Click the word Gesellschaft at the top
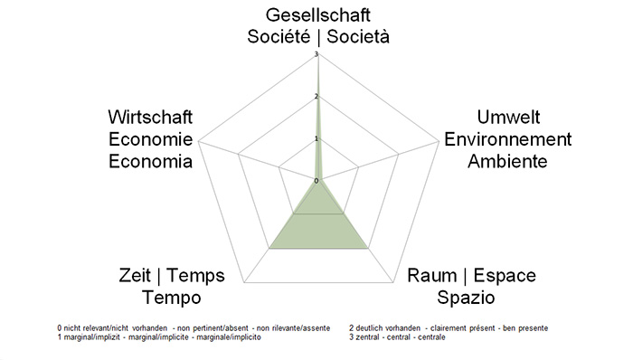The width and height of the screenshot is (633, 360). point(318,15)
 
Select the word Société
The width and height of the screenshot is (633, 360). point(280,36)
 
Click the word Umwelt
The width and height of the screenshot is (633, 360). point(508,118)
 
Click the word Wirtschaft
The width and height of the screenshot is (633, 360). point(150,118)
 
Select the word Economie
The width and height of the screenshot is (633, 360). point(150,140)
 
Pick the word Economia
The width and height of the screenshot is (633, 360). point(150,162)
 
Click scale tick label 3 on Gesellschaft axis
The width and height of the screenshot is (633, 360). point(316,55)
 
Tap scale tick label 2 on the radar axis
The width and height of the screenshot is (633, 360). point(316,97)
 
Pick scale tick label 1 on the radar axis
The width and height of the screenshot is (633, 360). point(316,138)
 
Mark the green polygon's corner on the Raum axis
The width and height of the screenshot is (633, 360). point(369,247)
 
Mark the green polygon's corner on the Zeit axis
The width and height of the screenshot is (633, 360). point(269,247)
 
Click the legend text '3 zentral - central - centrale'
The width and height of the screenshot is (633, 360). point(396,337)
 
